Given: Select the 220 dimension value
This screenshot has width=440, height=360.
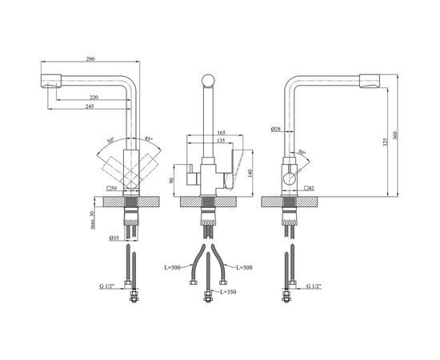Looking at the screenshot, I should tap(94, 98).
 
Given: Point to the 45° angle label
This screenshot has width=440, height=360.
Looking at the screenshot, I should tap(149, 139).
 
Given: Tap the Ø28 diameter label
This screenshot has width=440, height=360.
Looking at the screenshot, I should tap(274, 129).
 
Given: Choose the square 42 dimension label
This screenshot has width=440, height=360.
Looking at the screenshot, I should tap(307, 188).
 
